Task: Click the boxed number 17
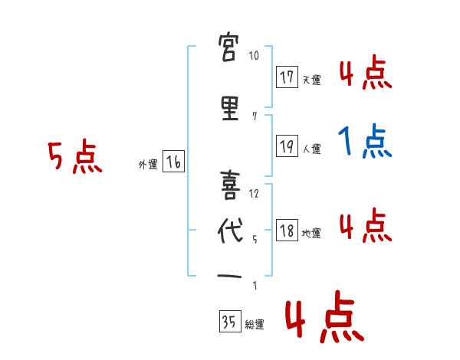(x=287, y=77)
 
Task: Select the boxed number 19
(x=287, y=146)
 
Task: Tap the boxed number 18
(x=287, y=231)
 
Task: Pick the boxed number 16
(x=173, y=162)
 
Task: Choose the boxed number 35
(x=229, y=322)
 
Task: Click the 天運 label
(x=311, y=80)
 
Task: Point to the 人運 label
(x=311, y=149)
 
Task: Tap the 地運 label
(x=311, y=234)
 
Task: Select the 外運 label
(x=147, y=165)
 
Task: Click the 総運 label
(x=255, y=325)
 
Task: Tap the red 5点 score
(x=74, y=158)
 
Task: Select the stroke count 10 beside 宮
(x=254, y=56)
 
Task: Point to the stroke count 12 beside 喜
(x=255, y=194)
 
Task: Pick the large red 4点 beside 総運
(x=324, y=319)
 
